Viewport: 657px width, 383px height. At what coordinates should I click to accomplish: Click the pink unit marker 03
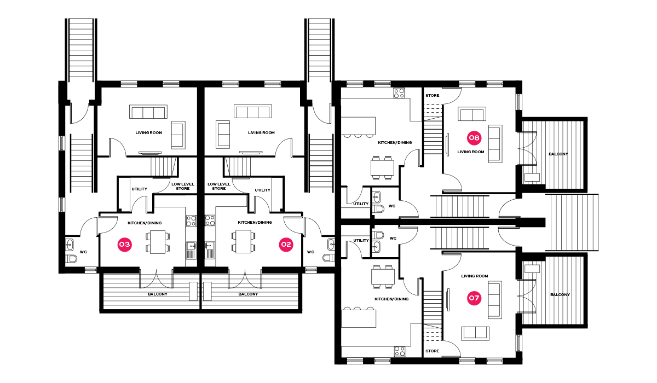[124, 245]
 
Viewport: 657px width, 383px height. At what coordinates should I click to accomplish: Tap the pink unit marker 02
[286, 245]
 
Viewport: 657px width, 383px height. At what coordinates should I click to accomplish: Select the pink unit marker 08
[474, 138]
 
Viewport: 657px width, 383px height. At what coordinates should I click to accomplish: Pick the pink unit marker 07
[474, 298]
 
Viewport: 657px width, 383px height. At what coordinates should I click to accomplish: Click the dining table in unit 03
[158, 242]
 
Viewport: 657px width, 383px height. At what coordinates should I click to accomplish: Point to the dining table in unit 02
[243, 242]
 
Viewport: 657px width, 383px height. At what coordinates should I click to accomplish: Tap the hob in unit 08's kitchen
[399, 93]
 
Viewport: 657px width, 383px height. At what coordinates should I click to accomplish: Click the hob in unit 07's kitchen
[399, 351]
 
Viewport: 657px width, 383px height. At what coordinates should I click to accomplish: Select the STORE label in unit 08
[433, 96]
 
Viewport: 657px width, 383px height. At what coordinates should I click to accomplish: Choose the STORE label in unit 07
[433, 351]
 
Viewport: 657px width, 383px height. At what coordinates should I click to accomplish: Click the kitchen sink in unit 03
[191, 251]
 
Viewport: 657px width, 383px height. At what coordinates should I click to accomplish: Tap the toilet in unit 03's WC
[71, 259]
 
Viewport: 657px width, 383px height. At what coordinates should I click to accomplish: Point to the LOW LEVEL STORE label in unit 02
[219, 187]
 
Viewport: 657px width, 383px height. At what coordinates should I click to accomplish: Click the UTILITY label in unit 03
[139, 189]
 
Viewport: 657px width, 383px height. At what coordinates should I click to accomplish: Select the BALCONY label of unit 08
[558, 154]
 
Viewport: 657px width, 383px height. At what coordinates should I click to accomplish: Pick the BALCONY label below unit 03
[158, 294]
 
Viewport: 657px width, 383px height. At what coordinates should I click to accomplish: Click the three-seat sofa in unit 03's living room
[148, 112]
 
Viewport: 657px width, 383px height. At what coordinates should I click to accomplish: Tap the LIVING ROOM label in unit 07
[475, 276]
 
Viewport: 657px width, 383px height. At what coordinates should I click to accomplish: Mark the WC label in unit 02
[310, 252]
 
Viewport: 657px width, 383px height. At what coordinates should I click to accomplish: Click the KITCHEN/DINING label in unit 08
[395, 143]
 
